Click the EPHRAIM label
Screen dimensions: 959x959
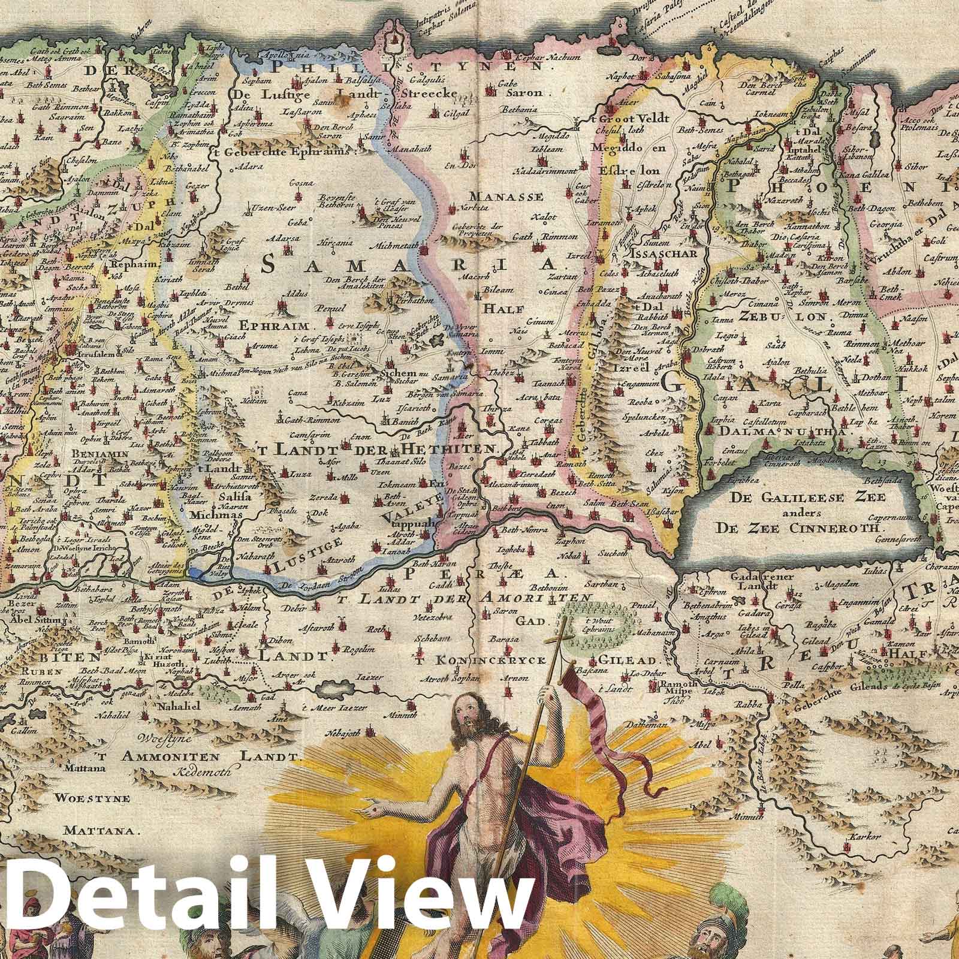pos(278,327)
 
